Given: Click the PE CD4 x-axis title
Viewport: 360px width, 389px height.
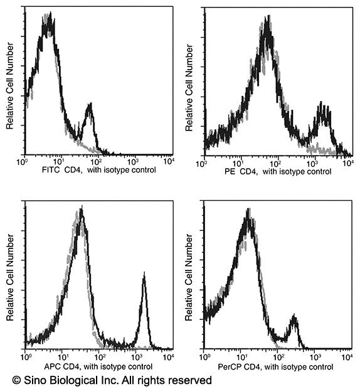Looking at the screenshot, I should [274, 171].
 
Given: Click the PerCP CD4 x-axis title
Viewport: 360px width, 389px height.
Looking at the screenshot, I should [275, 366].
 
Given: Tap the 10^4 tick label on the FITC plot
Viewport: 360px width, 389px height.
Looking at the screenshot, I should [168, 162].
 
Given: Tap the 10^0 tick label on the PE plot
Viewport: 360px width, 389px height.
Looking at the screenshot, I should [202, 163].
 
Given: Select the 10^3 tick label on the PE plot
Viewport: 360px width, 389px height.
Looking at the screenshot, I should [312, 163].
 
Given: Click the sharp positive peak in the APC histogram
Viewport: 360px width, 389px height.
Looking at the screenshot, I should [144, 276].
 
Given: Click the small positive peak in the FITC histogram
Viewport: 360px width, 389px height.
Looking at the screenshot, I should [89, 107].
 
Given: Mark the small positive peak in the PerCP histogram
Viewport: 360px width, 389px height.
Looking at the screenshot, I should [293, 321].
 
